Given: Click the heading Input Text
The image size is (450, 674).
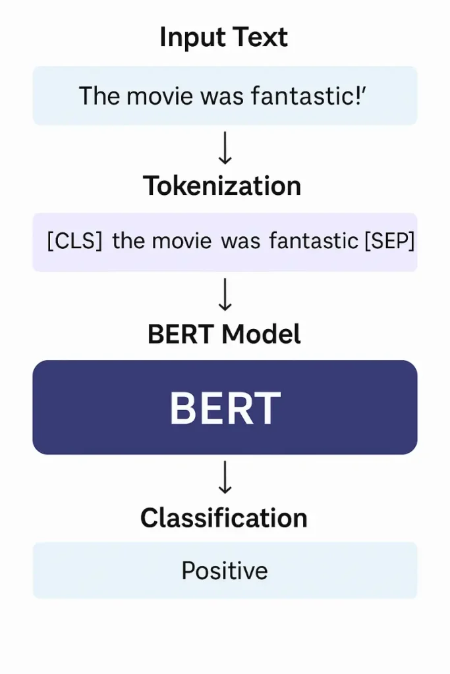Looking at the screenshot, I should coord(224,38).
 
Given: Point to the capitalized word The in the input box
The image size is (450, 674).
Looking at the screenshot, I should coord(99,96).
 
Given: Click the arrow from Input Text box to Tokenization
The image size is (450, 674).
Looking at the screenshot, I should coord(225,149).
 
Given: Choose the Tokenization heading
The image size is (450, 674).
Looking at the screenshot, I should coord(222,186).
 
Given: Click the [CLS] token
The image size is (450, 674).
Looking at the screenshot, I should coord(74,241).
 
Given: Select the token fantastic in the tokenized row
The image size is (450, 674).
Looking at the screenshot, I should coord(313,241).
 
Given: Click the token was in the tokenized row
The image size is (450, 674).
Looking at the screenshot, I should coord(240,241).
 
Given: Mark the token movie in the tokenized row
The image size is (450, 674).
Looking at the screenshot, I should coord(182,241).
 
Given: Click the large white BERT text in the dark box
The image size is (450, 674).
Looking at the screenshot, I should coord(225,407).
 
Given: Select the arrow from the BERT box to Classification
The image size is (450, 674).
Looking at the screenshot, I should coord(225,477).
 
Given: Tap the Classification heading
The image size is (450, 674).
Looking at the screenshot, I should coord(224,518).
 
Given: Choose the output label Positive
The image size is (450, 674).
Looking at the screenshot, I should coord(225,570).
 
